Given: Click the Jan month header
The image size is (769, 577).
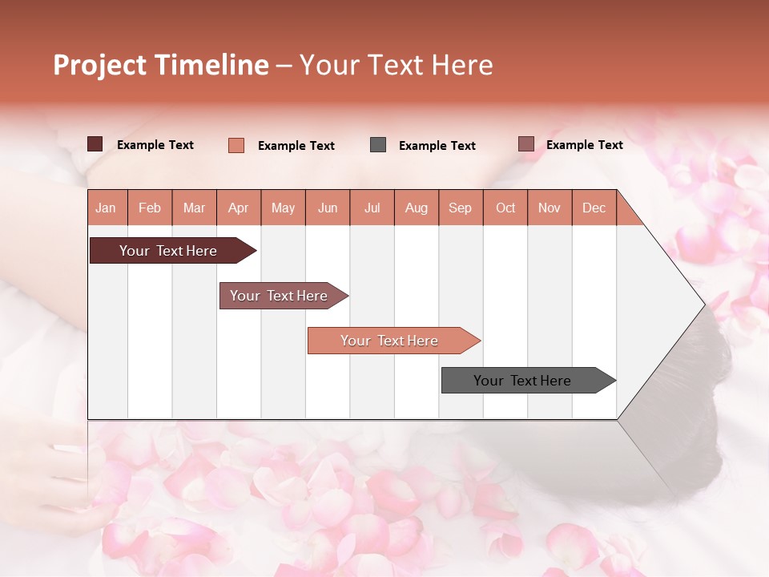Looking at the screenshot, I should click(x=106, y=208).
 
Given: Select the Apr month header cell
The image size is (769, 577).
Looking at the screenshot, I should click(x=239, y=208).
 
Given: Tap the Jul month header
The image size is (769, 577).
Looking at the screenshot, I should click(x=372, y=208).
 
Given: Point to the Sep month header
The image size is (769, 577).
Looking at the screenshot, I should click(x=460, y=208).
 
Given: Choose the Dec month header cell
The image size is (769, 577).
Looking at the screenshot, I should click(x=594, y=208).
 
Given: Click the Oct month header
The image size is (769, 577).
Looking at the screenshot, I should click(x=505, y=208).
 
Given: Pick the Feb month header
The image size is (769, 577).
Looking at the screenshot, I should click(x=150, y=208).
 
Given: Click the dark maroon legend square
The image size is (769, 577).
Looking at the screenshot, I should click(x=95, y=144).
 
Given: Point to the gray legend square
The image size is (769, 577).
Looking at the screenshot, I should click(x=378, y=145).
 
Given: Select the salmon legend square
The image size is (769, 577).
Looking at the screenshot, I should click(x=236, y=145).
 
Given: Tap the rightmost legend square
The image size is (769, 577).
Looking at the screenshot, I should click(x=526, y=144).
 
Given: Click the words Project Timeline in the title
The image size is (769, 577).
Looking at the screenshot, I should click(x=161, y=65).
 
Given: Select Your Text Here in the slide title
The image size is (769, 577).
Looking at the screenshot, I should click(x=396, y=65).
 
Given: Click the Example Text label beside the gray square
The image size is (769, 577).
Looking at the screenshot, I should click(x=437, y=146).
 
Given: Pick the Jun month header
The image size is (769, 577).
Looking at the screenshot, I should click(x=328, y=208).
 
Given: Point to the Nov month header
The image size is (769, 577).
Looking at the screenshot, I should click(x=550, y=208).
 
